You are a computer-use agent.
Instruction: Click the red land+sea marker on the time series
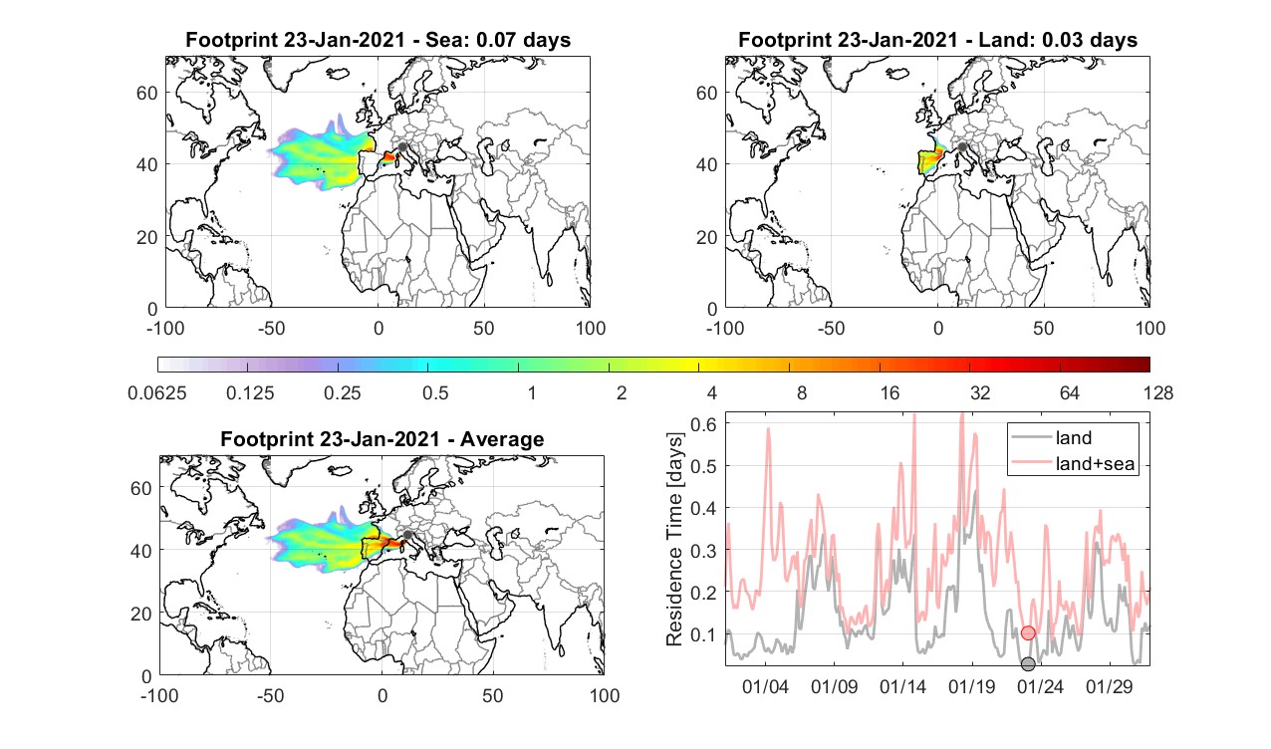pyautogui.click(x=1028, y=632)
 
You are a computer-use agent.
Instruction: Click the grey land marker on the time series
pyautogui.click(x=1028, y=664)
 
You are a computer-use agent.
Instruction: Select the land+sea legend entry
pyautogui.click(x=1074, y=463)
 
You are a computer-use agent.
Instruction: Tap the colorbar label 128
pyautogui.click(x=1158, y=392)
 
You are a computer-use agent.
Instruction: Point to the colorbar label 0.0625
pyautogui.click(x=157, y=392)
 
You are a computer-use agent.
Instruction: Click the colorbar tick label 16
pyautogui.click(x=890, y=392)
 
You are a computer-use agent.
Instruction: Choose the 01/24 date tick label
pyautogui.click(x=1040, y=686)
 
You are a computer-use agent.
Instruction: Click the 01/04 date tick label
pyautogui.click(x=765, y=686)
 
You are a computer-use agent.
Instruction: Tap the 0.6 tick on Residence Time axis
pyautogui.click(x=703, y=424)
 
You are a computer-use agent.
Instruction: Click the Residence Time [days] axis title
pyautogui.click(x=674, y=540)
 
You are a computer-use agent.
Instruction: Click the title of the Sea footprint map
pyautogui.click(x=378, y=40)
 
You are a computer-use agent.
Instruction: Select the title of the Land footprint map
pyautogui.click(x=938, y=40)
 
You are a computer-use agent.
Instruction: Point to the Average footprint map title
pyautogui.click(x=382, y=439)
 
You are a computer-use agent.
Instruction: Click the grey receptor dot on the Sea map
pyautogui.click(x=402, y=147)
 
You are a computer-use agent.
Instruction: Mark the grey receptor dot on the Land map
pyautogui.click(x=962, y=147)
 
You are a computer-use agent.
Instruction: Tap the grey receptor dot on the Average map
pyautogui.click(x=407, y=535)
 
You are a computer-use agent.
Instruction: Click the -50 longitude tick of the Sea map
pyautogui.click(x=271, y=328)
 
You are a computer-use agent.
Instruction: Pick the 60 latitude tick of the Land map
pyautogui.click(x=707, y=93)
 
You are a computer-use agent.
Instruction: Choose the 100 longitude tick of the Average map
pyautogui.click(x=605, y=695)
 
